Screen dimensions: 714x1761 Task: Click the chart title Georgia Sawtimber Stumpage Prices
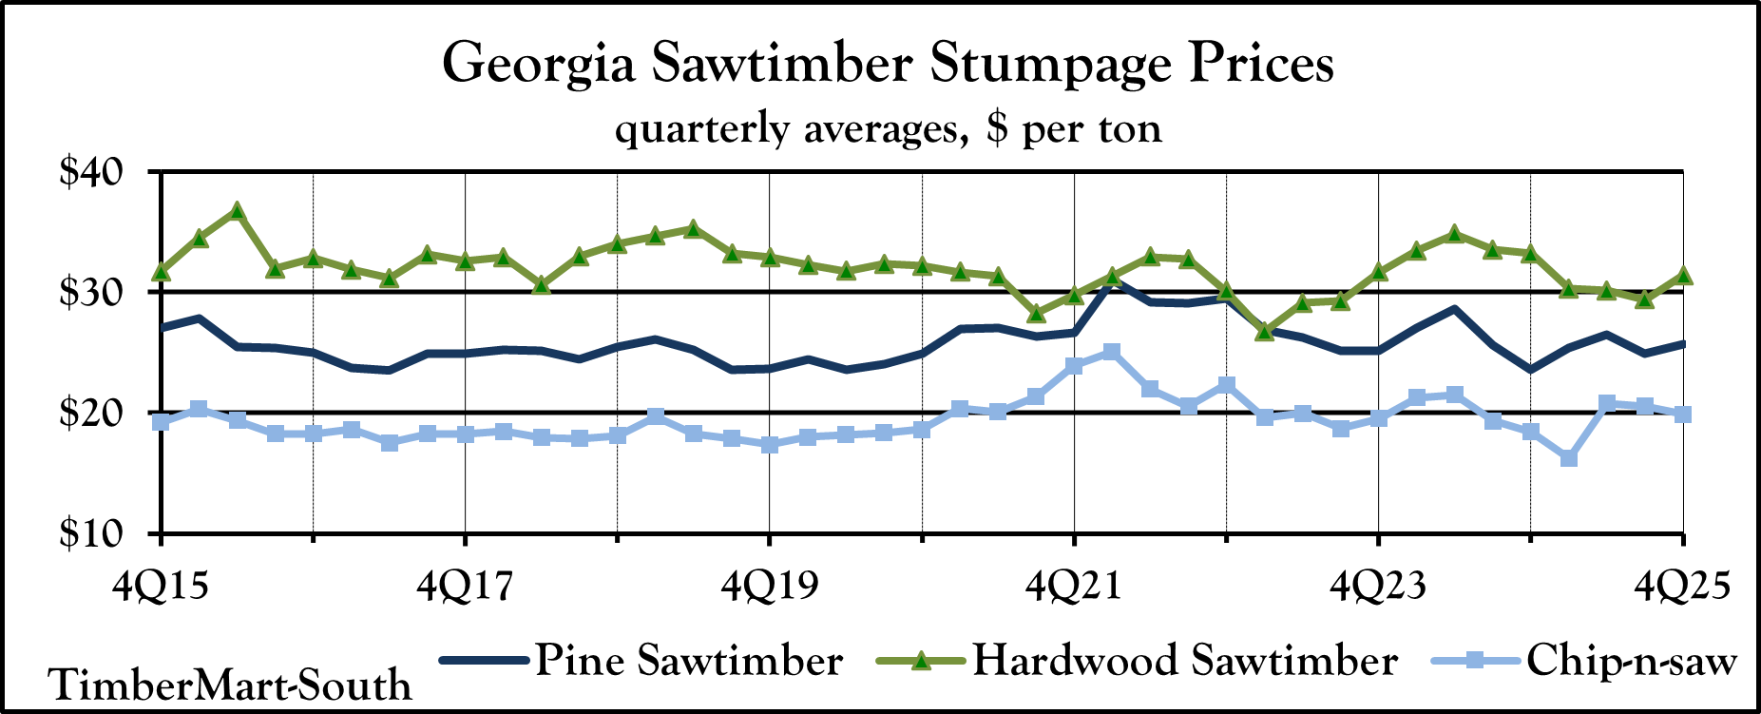coord(888,65)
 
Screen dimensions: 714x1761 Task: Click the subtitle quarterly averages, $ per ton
coord(888,127)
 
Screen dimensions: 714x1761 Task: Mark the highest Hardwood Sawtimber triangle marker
coord(238,210)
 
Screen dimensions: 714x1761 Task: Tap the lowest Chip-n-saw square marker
coord(1569,458)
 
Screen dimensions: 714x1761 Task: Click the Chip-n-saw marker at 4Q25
coord(1682,414)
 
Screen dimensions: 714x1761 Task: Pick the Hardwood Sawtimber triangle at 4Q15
coord(162,272)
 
